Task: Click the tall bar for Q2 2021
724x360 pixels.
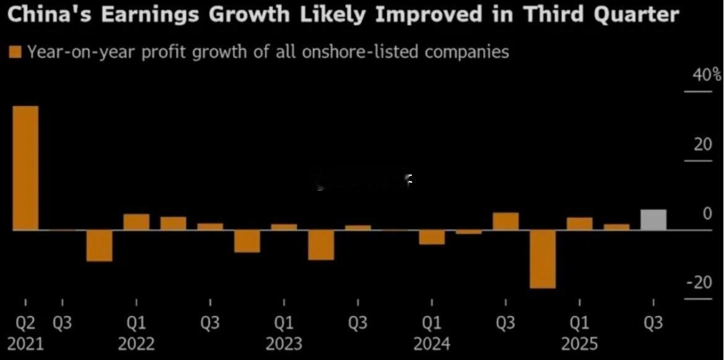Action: pos(25,167)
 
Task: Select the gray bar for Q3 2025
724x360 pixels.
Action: pos(653,219)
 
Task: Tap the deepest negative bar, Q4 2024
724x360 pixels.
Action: pos(543,259)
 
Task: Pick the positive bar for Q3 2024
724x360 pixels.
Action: pos(505,221)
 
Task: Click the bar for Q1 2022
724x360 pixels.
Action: pos(136,222)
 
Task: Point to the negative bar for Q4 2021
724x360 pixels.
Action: pos(99,245)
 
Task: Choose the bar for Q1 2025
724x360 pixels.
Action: pos(580,224)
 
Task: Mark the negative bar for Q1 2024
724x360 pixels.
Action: pos(432,237)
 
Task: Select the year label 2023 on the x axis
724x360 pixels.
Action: pos(284,343)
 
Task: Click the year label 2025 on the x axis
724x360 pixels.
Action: pos(580,343)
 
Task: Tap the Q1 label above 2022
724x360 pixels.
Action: pos(136,323)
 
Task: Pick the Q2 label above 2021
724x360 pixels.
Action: pos(25,323)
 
